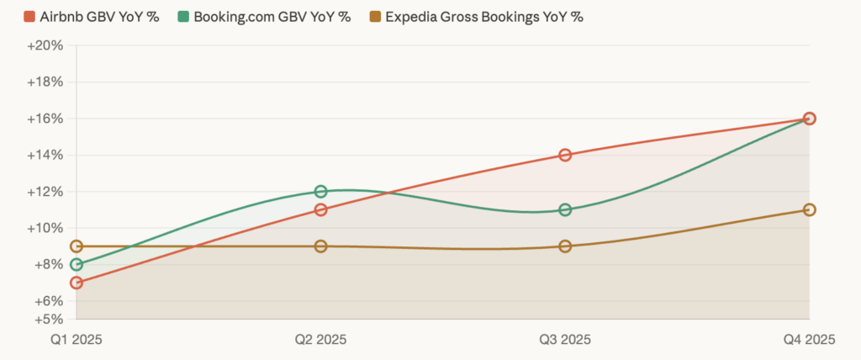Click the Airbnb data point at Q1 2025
pyautogui.click(x=77, y=283)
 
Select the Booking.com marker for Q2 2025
pyautogui.click(x=320, y=192)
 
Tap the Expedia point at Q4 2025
pyautogui.click(x=809, y=209)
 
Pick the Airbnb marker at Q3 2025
pyautogui.click(x=565, y=155)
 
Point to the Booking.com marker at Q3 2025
pyautogui.click(x=565, y=209)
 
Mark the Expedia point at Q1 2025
pyautogui.click(x=77, y=246)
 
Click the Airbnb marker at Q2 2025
pyautogui.click(x=320, y=209)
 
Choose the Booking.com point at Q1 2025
pyautogui.click(x=77, y=264)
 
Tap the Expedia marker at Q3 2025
pyautogui.click(x=565, y=246)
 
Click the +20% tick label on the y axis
pyautogui.click(x=45, y=45)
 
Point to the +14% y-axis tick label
pyautogui.click(x=45, y=155)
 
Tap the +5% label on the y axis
pyautogui.click(x=49, y=320)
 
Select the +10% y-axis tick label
pyautogui.click(x=45, y=228)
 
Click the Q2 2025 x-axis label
pyautogui.click(x=320, y=340)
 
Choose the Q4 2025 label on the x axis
pyautogui.click(x=809, y=340)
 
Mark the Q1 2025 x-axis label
pyautogui.click(x=77, y=340)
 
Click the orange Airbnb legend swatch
pyautogui.click(x=29, y=17)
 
